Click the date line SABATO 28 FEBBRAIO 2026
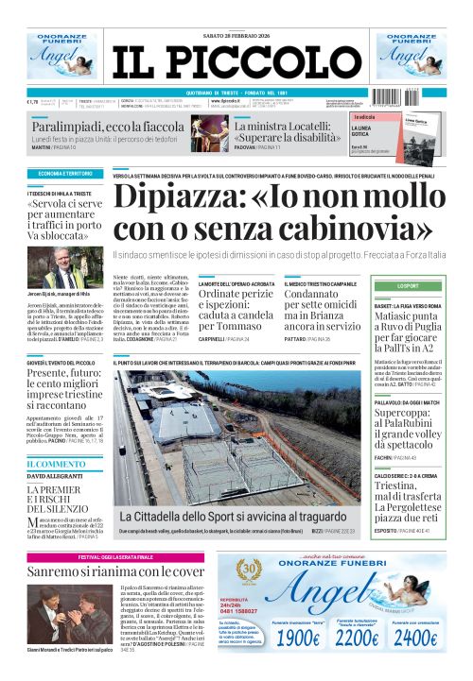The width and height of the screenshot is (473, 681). pos(236,11)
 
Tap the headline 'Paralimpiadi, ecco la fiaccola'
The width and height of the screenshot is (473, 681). pos(104,127)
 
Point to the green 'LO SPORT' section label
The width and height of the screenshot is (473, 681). pos(409,285)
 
